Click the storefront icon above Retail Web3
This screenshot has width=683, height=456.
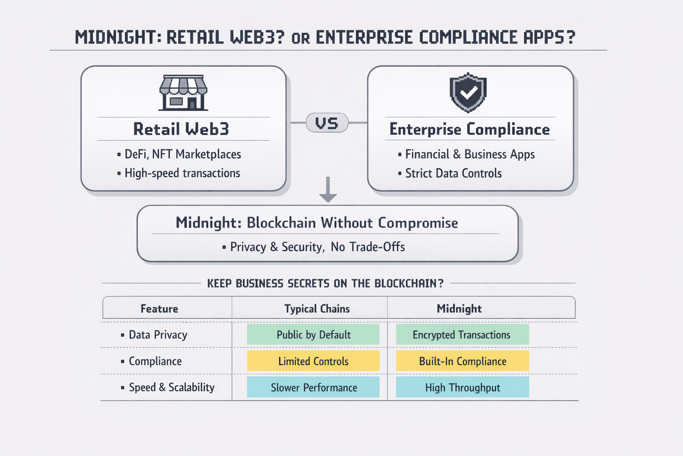click(x=183, y=93)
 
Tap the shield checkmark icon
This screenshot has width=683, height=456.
click(x=468, y=93)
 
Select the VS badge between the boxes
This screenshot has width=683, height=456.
click(x=327, y=123)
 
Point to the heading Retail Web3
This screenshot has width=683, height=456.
click(x=181, y=129)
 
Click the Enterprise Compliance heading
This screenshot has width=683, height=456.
click(x=470, y=129)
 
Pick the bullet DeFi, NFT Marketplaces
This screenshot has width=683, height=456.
click(x=182, y=154)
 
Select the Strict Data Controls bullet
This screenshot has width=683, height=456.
click(x=453, y=173)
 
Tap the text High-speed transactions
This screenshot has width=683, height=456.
click(x=182, y=173)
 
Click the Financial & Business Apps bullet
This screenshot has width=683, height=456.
click(x=470, y=154)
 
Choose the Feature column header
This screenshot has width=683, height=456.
click(x=159, y=309)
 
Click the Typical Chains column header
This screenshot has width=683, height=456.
click(x=317, y=309)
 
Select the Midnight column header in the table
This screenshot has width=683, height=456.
click(x=459, y=309)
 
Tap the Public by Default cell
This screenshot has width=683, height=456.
click(x=313, y=334)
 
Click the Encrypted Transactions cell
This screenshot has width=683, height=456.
click(x=462, y=334)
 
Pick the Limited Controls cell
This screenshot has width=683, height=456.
click(x=313, y=361)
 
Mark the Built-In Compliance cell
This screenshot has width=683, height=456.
click(x=462, y=361)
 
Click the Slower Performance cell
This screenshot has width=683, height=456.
click(x=313, y=387)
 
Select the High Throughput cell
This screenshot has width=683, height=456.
click(x=462, y=387)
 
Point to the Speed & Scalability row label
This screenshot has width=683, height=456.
click(x=171, y=387)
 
